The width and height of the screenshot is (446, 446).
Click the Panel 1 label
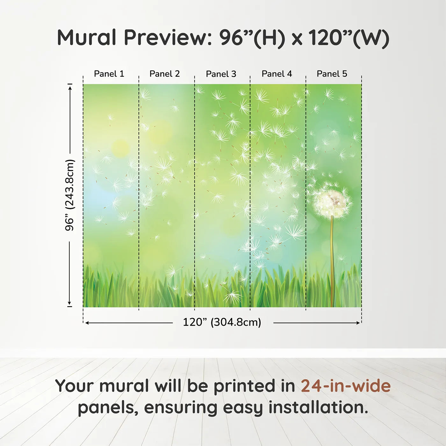click(109, 74)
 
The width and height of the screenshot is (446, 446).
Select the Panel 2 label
click(165, 74)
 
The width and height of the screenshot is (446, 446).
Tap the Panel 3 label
click(221, 74)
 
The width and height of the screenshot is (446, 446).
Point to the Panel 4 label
click(277, 74)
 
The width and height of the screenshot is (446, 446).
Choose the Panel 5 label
click(332, 74)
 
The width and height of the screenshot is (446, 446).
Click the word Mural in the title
click(87, 38)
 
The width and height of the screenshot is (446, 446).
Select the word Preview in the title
click(166, 38)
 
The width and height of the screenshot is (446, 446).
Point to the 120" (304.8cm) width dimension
click(222, 322)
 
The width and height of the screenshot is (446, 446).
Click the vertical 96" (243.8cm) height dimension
click(70, 195)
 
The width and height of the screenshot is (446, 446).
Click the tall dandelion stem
click(332, 261)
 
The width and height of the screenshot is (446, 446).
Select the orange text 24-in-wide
click(346, 386)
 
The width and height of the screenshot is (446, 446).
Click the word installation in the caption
click(318, 408)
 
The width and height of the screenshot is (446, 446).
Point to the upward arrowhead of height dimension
click(70, 87)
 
